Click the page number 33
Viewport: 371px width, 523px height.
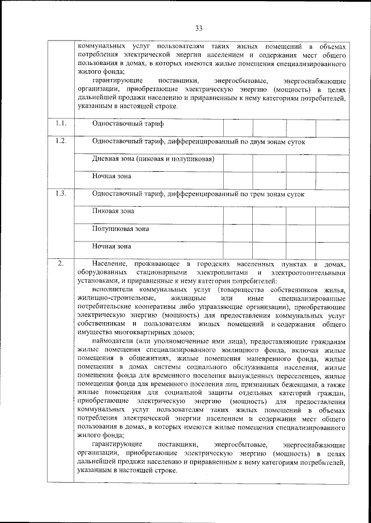coord(198,28)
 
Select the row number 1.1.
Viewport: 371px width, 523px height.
coord(61,124)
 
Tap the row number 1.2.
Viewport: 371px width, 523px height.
coord(61,142)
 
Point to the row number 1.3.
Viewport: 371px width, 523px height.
coord(61,194)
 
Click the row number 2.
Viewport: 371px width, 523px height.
coord(61,265)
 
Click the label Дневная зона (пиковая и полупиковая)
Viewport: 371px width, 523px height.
coord(154,158)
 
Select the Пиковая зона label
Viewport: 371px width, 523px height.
coord(114,211)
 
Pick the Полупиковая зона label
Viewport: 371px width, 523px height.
coord(121,229)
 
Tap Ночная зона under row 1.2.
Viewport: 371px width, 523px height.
coord(111,176)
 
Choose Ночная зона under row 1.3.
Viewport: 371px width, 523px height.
coord(111,246)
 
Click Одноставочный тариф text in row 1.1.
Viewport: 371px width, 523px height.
coord(128,124)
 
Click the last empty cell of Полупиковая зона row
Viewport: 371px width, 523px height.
coord(332,230)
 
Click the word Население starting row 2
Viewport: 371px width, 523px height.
coord(109,265)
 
